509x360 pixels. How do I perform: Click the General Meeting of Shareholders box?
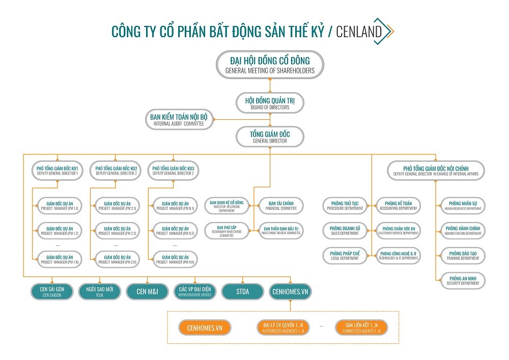270,65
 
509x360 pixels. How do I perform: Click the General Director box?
270,137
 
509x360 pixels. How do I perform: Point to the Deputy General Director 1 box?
57,170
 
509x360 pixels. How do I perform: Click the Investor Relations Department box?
227,206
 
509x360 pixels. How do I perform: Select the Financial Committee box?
280,206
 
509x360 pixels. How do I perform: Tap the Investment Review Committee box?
280,230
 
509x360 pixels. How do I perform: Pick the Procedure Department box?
345,206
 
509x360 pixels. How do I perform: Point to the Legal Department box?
345,255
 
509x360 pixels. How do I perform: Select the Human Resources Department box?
462,206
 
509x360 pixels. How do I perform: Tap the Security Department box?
462,280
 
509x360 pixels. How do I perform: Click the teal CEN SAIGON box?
52,292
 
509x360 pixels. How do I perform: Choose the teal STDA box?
243,292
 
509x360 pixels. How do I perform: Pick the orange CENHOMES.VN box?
205,327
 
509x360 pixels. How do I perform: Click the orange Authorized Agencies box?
283,327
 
